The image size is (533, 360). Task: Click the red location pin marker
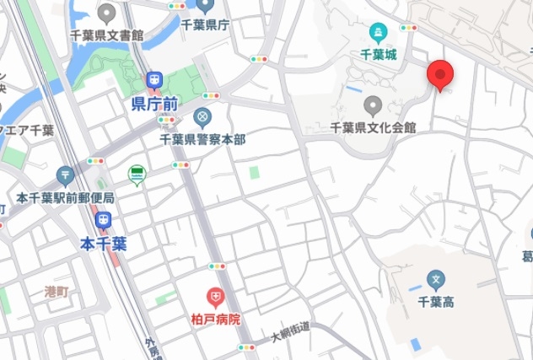[439, 74]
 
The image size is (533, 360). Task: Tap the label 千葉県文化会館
[374, 128]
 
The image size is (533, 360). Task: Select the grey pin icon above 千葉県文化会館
[374, 106]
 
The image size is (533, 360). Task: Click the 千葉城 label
[378, 53]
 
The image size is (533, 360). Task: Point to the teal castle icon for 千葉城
[378, 34]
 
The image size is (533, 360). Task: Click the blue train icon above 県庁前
[154, 81]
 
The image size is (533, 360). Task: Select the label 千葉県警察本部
[202, 137]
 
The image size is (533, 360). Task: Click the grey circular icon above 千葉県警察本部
[202, 116]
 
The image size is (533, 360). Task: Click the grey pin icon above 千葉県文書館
[106, 13]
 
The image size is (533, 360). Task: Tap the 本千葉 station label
[104, 244]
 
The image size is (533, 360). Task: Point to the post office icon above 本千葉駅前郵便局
[66, 176]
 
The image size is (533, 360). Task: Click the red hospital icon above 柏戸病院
[216, 298]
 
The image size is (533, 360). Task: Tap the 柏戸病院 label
[216, 320]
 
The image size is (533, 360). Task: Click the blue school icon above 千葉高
[436, 278]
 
